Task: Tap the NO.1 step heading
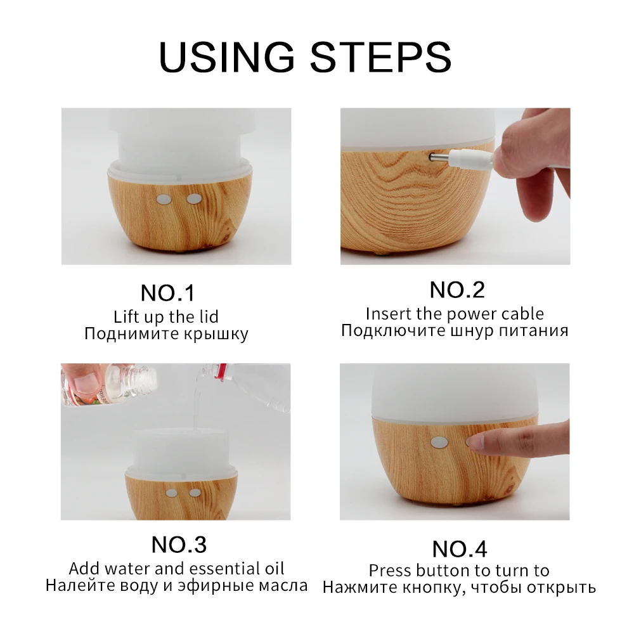coord(168,293)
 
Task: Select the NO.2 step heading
coord(457,290)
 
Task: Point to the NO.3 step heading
coord(179,545)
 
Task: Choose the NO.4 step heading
coord(460,549)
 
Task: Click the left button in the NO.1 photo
coord(164,199)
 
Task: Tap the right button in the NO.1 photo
coord(194,199)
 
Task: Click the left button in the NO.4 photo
coord(438,443)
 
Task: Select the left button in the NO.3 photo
coord(171,493)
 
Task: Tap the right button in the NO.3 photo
coord(195,493)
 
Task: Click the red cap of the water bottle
coord(220,372)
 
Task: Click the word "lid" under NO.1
coord(209,316)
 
